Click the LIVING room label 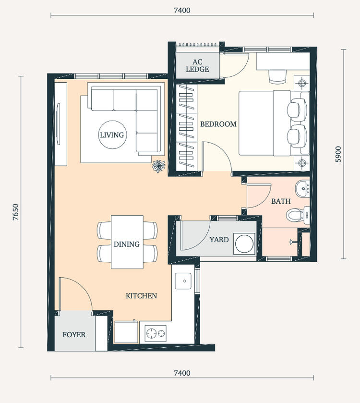pos(111,135)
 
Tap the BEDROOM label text pos(218,124)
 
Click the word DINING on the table pos(127,244)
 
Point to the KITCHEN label pos(141,296)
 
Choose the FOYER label pos(74,334)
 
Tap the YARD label pos(219,239)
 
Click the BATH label pos(281,201)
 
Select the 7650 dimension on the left pos(15,212)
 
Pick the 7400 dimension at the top pos(182,10)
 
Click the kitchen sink pos(183,281)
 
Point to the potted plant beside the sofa pos(158,166)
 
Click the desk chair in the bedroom pos(277,76)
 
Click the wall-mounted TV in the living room pos(59,124)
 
